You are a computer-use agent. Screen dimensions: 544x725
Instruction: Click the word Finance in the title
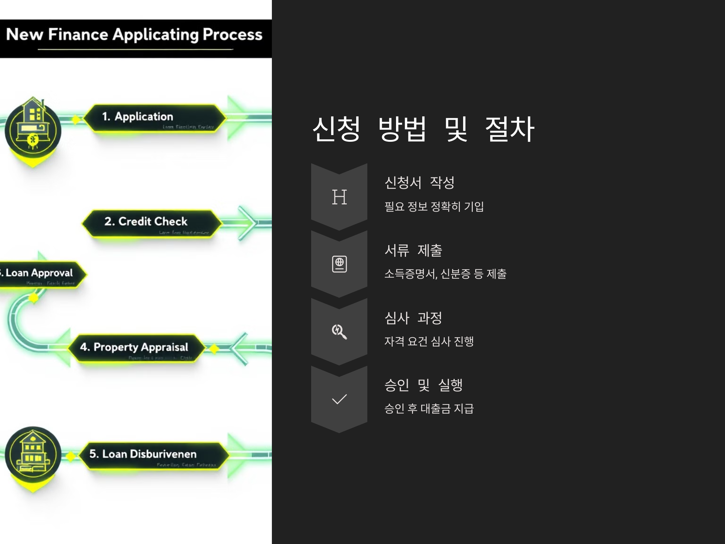coord(78,34)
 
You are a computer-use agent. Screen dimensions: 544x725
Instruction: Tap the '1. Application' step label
coord(137,116)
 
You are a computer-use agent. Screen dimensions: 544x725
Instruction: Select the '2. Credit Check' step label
coord(146,221)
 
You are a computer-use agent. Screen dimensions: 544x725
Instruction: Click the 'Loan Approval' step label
coord(39,273)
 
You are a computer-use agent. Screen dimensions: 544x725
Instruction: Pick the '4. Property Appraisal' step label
coord(134,347)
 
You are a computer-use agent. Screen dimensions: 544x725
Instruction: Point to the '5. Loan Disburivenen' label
coord(143,454)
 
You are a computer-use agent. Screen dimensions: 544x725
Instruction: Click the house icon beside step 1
coord(33,128)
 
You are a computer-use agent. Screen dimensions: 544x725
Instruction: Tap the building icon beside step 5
coord(33,454)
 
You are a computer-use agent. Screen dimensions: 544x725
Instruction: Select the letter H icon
coord(339,197)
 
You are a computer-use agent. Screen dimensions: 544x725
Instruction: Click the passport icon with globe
coord(339,264)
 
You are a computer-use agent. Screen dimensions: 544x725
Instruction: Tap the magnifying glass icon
coord(339,332)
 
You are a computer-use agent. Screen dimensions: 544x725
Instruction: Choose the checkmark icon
coord(339,399)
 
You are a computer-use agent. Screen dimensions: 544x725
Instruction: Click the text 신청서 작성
coord(419,183)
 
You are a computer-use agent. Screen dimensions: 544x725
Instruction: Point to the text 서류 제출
coord(413,251)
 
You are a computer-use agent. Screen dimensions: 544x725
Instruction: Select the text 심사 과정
coord(413,318)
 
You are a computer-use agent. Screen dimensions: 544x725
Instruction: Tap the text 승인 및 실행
coord(423,385)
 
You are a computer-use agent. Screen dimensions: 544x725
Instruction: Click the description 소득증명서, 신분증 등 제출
coord(445,274)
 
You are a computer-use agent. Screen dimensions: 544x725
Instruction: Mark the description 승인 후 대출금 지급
coord(429,409)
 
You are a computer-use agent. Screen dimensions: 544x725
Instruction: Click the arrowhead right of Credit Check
coord(249,223)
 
